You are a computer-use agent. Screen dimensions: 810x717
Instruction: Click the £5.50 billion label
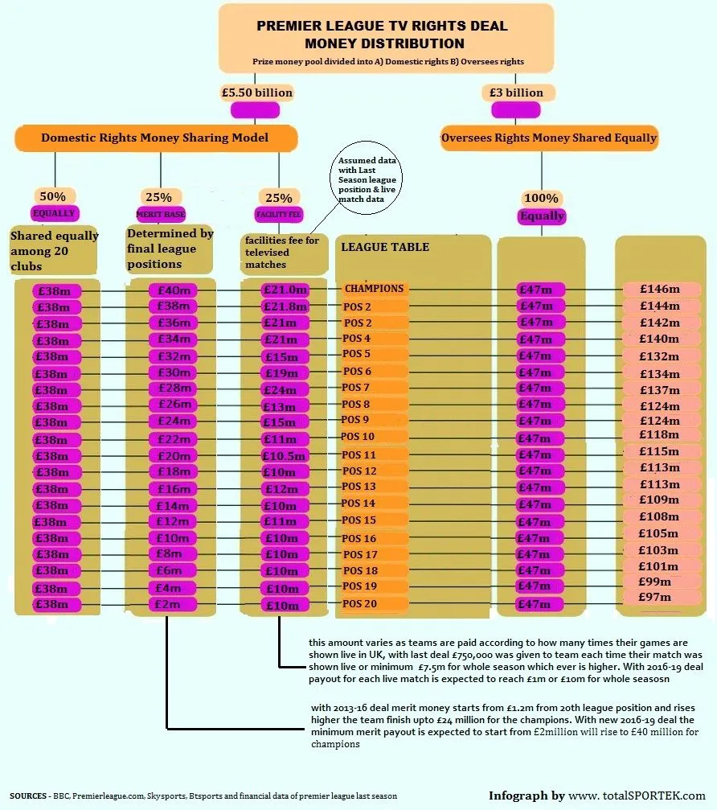[x=257, y=93]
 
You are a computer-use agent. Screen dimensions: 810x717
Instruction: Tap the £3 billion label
[x=516, y=93]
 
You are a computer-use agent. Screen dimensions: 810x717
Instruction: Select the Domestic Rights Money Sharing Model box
[x=155, y=138]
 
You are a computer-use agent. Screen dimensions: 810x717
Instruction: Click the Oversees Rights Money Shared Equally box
[x=549, y=138]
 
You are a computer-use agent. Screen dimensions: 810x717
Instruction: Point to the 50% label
[x=55, y=196]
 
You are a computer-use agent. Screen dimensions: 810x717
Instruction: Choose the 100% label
[x=541, y=198]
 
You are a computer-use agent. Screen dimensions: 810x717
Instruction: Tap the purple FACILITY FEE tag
[x=279, y=215]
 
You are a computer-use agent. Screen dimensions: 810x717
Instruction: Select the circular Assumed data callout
[x=366, y=179]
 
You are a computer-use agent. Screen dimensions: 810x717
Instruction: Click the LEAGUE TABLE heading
[x=385, y=247]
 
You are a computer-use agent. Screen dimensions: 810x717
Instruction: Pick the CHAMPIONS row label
[x=374, y=288]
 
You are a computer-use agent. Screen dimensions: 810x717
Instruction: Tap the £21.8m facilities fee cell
[x=285, y=307]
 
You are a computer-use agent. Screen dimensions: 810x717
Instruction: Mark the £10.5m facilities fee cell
[x=285, y=455]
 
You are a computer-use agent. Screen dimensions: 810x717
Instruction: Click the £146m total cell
[x=660, y=289]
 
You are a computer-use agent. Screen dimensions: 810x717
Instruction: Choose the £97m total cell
[x=655, y=597]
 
